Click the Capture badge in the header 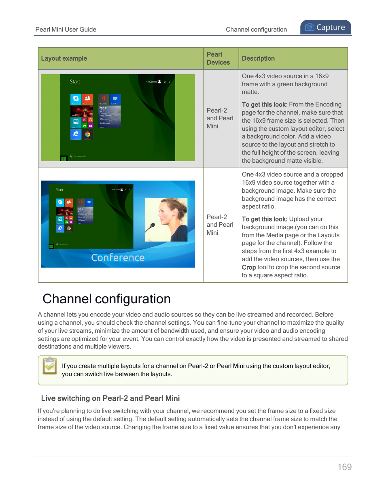point(326,28)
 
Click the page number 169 point(344,467)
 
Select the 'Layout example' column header point(64,58)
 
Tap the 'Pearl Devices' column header point(218,58)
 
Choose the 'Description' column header point(258,58)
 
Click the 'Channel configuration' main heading point(106,299)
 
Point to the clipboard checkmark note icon point(50,366)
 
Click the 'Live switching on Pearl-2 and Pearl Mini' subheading point(110,398)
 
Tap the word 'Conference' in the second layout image point(118,257)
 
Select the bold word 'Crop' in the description point(248,267)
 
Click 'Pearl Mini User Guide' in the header point(66,30)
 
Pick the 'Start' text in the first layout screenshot point(75,82)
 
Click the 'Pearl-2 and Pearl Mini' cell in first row point(220,118)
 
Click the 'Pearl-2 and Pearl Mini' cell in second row point(220,225)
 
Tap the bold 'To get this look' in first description point(263,104)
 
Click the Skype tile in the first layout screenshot point(76,99)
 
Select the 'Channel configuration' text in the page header point(256,30)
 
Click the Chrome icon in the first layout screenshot point(87,134)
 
